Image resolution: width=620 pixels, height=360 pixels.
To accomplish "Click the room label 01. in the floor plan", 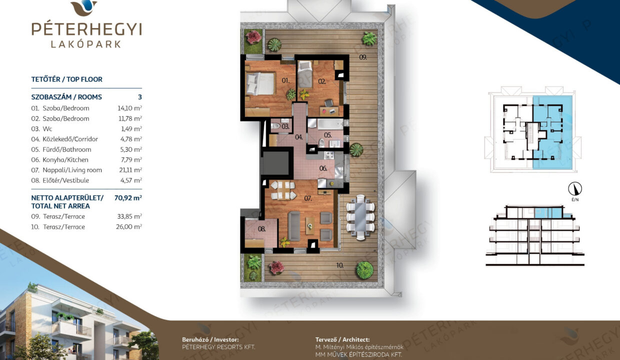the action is [285, 81].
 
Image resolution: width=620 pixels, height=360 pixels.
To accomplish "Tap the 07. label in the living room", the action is [308, 198].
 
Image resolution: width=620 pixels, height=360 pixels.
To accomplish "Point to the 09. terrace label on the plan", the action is [363, 57].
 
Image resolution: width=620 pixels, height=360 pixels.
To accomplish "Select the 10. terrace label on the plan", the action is [340, 265].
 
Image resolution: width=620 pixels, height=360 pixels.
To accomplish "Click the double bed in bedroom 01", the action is [259, 83].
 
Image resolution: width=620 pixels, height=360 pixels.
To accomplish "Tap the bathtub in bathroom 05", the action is [330, 123].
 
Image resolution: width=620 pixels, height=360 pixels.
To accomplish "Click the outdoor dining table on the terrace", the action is [360, 217].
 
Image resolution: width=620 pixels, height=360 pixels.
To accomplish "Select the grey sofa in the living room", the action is [294, 226].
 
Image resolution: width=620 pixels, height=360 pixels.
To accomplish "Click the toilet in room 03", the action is [275, 126].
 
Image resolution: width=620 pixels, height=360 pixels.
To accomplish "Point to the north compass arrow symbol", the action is [575, 189].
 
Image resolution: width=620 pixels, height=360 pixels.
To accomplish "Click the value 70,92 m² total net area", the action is [128, 198].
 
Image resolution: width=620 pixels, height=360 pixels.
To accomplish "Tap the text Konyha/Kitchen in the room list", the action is [65, 159].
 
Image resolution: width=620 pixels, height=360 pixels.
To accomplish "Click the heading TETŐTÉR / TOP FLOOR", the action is [66, 79].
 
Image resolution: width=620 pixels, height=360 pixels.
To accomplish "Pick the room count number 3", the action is [140, 97].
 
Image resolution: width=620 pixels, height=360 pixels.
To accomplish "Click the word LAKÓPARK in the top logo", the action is [86, 44].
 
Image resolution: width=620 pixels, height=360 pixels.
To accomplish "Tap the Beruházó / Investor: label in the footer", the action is [210, 339].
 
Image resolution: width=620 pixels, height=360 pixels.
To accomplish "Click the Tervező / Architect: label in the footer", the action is [342, 339].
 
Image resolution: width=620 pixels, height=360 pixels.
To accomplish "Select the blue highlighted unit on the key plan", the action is [552, 132].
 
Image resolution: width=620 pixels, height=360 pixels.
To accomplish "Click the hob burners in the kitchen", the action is [329, 155].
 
